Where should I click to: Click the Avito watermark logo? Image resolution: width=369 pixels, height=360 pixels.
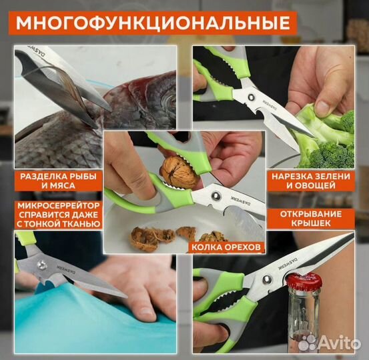coord(330,343)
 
